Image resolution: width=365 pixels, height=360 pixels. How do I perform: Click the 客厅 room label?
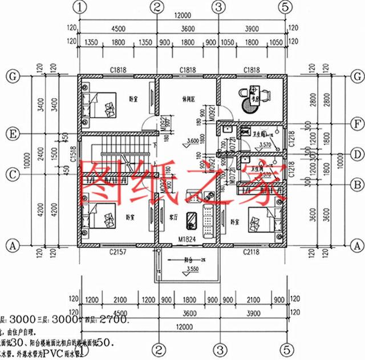click(175, 217)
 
